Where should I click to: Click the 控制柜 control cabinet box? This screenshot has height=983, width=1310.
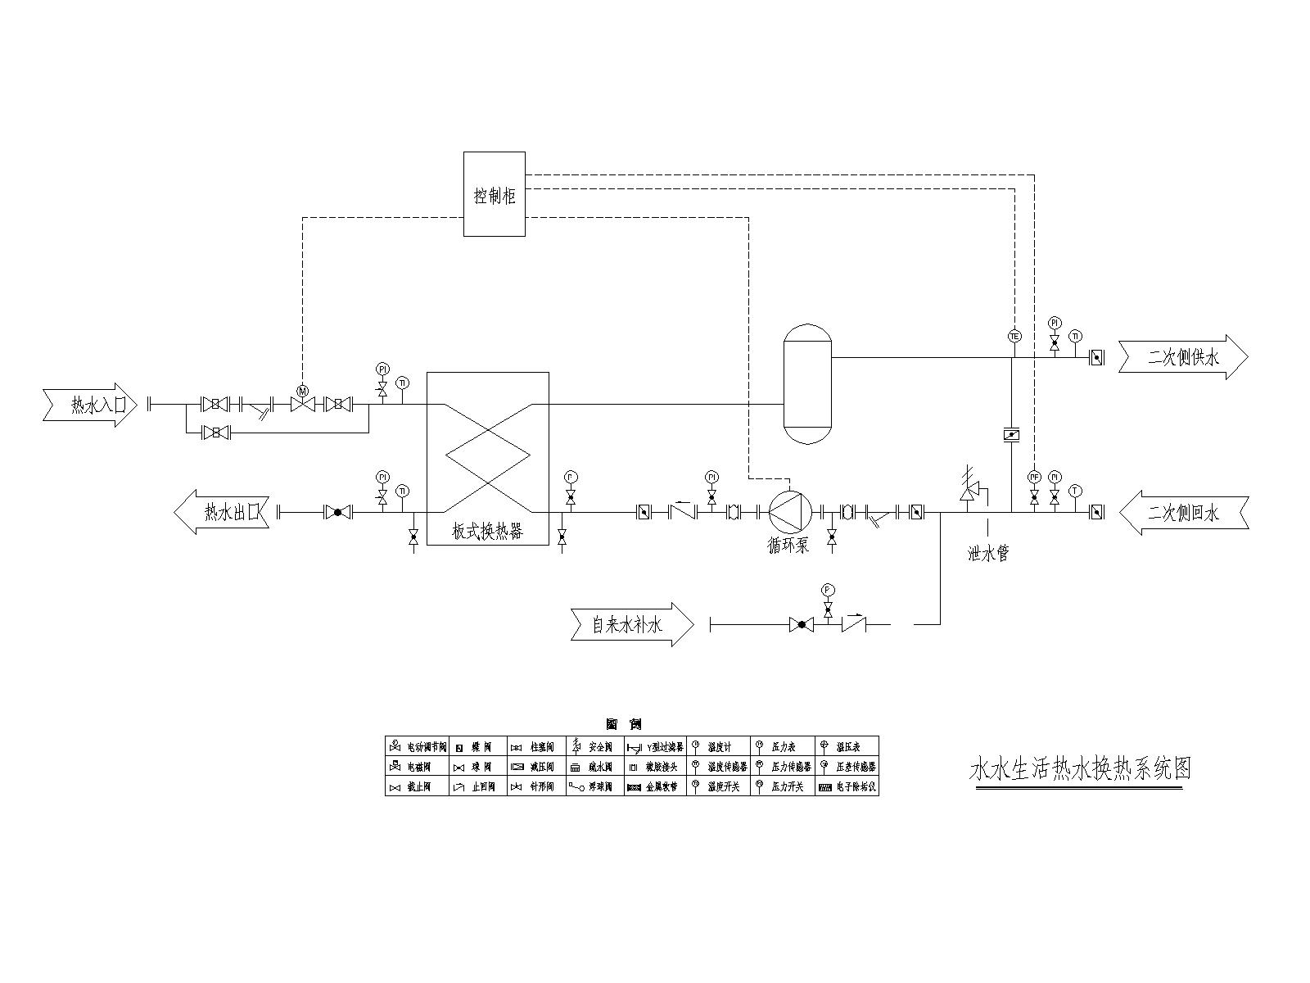494,194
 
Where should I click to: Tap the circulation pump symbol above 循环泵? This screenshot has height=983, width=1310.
789,513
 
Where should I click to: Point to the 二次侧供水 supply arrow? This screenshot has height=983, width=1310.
1183,357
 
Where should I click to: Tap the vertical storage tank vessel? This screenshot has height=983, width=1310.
807,385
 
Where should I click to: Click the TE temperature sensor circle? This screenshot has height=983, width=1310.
1014,336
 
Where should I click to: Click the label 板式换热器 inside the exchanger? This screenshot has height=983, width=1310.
488,531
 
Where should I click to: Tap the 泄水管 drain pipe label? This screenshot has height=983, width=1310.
988,554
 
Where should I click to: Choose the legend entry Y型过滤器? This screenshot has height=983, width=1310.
657,747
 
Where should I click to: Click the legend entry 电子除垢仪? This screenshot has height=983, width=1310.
848,787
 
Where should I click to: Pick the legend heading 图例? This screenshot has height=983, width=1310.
623,724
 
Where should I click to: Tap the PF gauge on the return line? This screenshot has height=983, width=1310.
1034,477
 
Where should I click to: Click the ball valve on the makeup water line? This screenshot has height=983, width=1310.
802,625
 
